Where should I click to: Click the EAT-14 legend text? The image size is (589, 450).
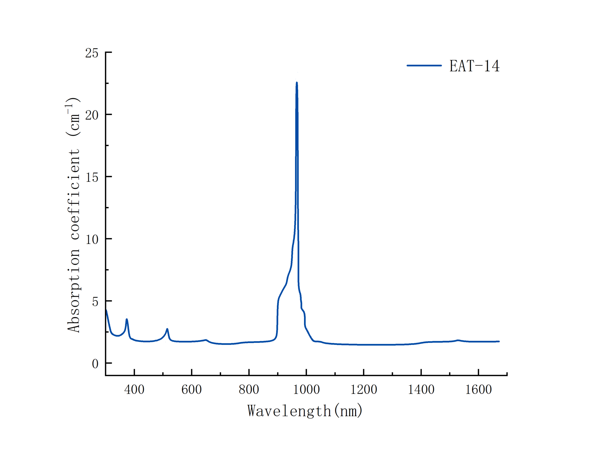(474, 66)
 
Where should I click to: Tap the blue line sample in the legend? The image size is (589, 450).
(424, 65)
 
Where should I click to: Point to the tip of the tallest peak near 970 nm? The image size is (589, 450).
(297, 83)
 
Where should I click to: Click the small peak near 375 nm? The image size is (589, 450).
(127, 319)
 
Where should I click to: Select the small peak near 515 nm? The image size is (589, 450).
(167, 329)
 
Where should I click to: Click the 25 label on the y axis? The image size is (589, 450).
(92, 53)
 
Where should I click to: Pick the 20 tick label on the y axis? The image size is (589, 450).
(92, 115)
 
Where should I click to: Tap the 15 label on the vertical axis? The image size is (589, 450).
(92, 177)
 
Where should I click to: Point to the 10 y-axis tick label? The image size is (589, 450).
(92, 240)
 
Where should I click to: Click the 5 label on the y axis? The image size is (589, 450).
(95, 302)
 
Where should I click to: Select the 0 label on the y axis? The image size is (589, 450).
(95, 364)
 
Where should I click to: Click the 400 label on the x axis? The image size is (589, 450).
(134, 390)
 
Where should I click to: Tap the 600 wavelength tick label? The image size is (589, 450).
(192, 390)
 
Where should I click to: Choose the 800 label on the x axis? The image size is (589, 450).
(249, 390)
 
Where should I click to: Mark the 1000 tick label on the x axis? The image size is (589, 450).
(306, 390)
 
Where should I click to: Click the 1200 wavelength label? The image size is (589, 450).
(364, 390)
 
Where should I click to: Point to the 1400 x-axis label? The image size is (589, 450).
(421, 390)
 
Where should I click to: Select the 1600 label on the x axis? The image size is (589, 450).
(478, 390)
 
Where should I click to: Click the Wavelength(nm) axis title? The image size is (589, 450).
(305, 411)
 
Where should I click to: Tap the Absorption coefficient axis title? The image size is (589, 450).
(73, 215)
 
